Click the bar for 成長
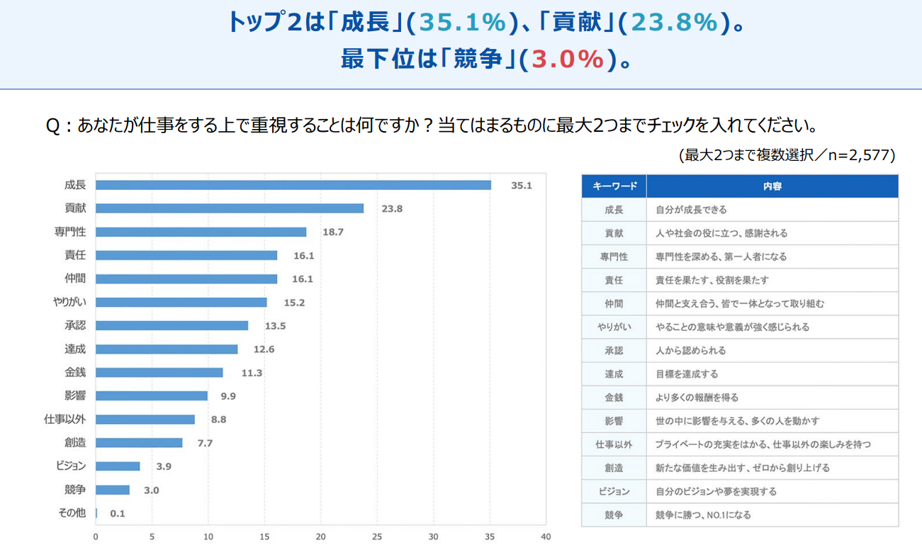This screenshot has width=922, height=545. pyautogui.click(x=293, y=185)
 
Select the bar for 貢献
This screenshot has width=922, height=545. pyautogui.click(x=229, y=208)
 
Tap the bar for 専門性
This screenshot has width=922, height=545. pyautogui.click(x=201, y=232)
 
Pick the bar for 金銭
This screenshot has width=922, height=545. pyautogui.click(x=159, y=372)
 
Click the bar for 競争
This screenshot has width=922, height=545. pyautogui.click(x=112, y=490)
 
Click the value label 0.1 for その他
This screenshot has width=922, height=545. pyautogui.click(x=118, y=513)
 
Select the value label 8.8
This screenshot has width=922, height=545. pyautogui.click(x=218, y=420)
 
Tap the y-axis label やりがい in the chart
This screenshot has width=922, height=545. pyautogui.click(x=69, y=303)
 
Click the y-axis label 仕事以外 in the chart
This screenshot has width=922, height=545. pyautogui.click(x=65, y=420)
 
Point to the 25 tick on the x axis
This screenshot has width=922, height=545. pyautogui.click(x=377, y=536)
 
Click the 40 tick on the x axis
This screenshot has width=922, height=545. pyautogui.click(x=545, y=536)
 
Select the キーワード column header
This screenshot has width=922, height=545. pyautogui.click(x=614, y=186)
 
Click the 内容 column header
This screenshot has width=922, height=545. pyautogui.click(x=772, y=186)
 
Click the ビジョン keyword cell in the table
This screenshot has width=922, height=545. pyautogui.click(x=614, y=491)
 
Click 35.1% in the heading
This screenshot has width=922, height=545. pyautogui.click(x=463, y=23)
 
